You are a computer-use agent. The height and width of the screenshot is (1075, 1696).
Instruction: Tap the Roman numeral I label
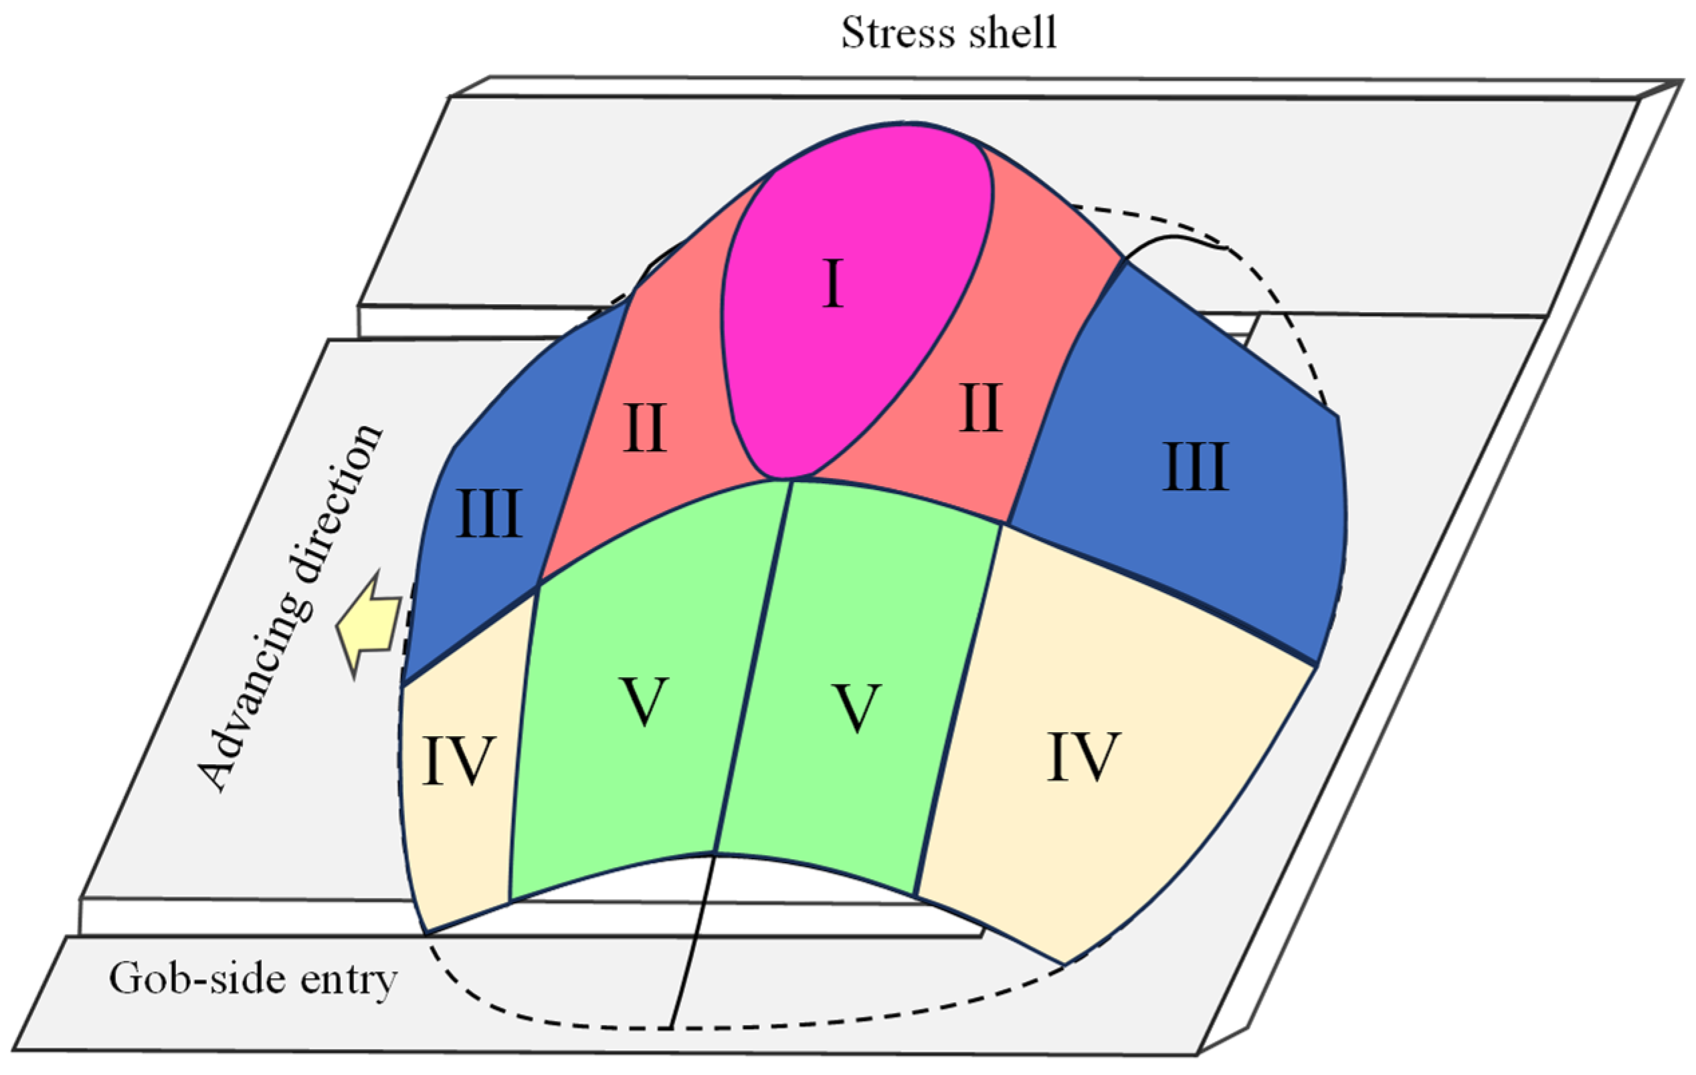click(x=833, y=283)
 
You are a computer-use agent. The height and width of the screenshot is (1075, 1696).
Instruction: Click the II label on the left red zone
click(x=644, y=428)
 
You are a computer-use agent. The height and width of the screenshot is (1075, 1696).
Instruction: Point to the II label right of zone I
click(x=980, y=408)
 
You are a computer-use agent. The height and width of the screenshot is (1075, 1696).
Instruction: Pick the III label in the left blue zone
click(x=489, y=514)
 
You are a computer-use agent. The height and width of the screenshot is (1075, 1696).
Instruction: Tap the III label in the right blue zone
click(x=1196, y=467)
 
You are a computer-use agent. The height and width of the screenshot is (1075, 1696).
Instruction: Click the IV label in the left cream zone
click(x=459, y=761)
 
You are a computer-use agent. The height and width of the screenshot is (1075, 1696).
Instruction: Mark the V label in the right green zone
click(x=856, y=707)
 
